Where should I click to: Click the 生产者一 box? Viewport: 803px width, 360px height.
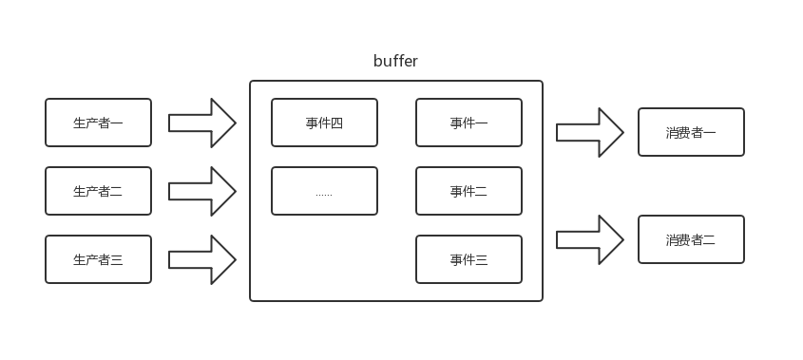point(98,123)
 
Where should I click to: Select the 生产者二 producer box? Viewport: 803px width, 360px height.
point(98,191)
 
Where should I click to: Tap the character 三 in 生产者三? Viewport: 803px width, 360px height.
point(117,260)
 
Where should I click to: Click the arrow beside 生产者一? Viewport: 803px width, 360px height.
point(201,123)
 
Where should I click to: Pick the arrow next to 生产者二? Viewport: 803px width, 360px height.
point(201,191)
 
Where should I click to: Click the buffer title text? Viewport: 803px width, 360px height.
point(395,62)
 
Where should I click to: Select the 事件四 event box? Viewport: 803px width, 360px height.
point(324,123)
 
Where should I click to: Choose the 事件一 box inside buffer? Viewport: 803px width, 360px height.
point(468,123)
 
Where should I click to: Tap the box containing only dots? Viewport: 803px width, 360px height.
point(324,191)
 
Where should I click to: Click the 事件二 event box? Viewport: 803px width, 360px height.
point(468,191)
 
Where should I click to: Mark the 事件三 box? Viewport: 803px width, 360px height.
point(468,259)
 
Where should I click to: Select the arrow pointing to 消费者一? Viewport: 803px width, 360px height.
point(589,132)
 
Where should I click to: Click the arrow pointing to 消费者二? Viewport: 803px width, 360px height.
point(589,239)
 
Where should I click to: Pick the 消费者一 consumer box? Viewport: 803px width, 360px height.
point(691,132)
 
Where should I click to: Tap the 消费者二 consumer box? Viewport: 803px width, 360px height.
point(691,239)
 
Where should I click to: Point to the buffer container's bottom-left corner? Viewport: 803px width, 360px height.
point(251,300)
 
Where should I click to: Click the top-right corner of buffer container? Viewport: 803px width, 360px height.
point(542,82)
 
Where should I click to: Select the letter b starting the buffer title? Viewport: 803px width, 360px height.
point(378,62)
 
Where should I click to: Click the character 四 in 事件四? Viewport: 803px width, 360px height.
point(336,123)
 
